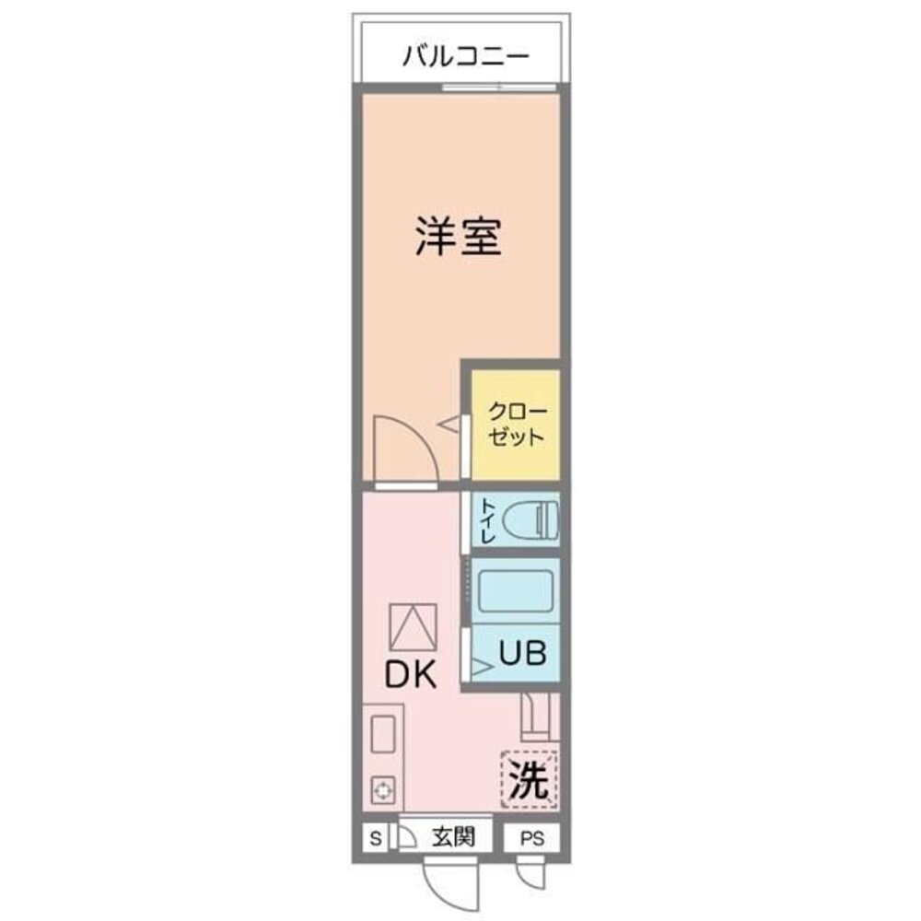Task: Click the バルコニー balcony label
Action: click(x=465, y=57)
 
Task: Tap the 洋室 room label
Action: click(x=457, y=237)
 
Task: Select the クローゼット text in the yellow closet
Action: click(x=516, y=424)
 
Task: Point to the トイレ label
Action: click(x=486, y=520)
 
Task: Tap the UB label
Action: click(x=523, y=653)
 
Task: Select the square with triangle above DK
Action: click(x=412, y=627)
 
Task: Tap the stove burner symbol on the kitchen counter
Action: click(x=381, y=789)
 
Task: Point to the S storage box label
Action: click(x=374, y=838)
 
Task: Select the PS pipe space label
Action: click(x=532, y=838)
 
